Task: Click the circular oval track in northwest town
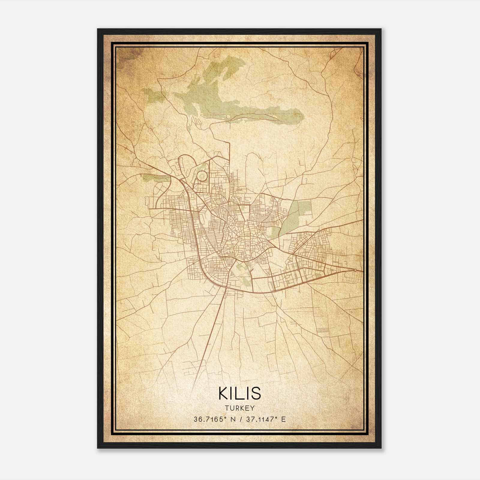click(x=202, y=176)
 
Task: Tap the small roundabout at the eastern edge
click(x=355, y=270)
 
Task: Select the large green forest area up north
click(x=216, y=99)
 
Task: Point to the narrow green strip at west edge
click(x=156, y=179)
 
